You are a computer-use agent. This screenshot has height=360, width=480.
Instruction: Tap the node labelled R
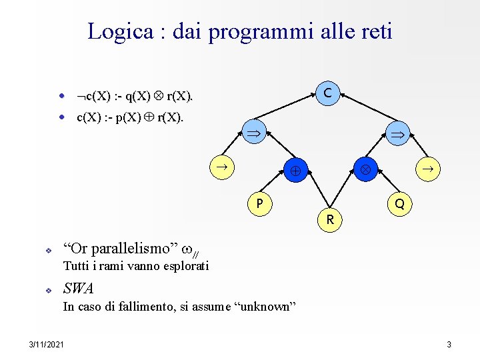(329, 219)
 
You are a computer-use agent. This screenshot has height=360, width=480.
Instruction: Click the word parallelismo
(133, 249)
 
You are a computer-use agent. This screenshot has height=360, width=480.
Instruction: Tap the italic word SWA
(78, 289)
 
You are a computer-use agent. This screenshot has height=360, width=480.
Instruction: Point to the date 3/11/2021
(47, 344)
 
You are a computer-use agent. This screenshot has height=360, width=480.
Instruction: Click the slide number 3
(449, 344)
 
